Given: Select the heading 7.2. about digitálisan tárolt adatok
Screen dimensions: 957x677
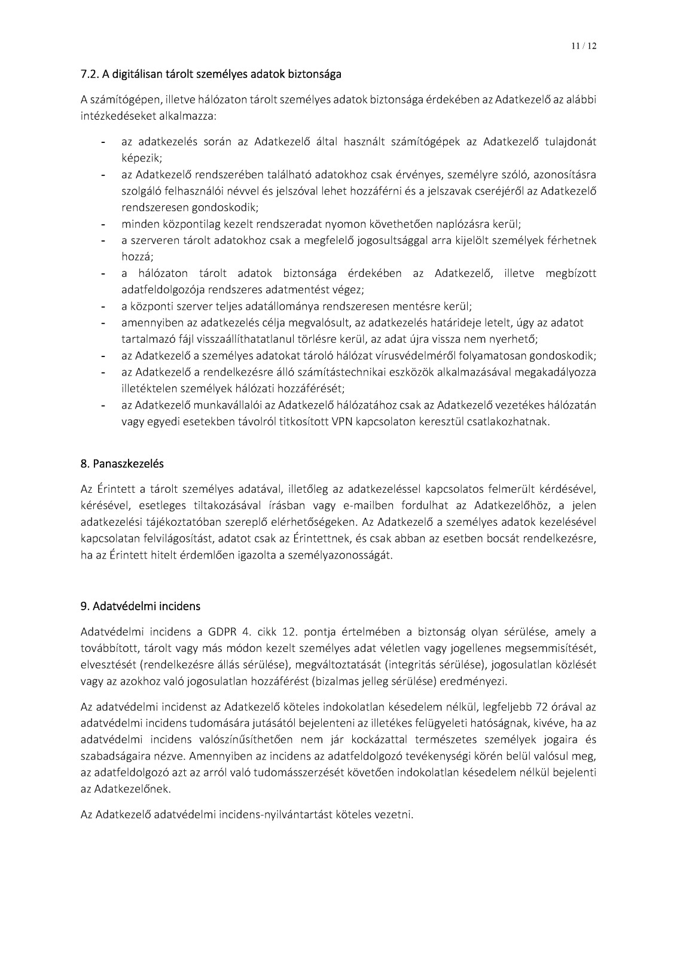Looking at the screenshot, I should pos(211,75).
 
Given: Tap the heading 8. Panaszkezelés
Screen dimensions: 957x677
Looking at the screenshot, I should pos(122,464).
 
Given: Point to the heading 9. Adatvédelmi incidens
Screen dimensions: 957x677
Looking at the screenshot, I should pos(141,606).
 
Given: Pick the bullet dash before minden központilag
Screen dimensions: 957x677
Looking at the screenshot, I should pos(103,225).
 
